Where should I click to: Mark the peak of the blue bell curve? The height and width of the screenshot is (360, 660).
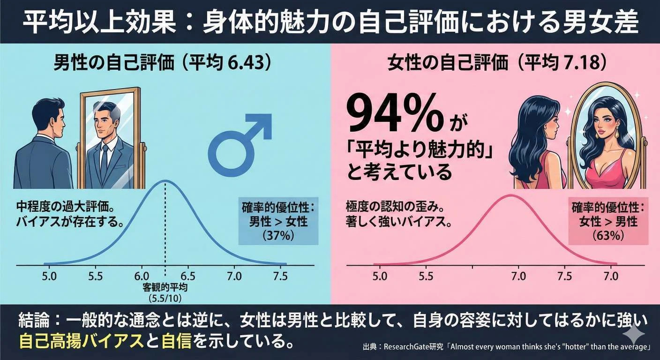[x=165, y=180]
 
